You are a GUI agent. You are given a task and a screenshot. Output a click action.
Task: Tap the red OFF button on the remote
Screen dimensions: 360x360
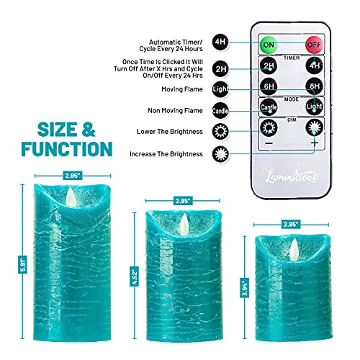(x=314, y=45)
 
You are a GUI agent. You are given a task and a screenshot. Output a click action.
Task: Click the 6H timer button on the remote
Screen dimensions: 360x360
(x=269, y=86)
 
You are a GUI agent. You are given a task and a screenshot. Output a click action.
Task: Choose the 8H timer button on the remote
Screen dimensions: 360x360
(x=315, y=86)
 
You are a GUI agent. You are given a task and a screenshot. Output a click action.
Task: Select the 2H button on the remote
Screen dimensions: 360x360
(x=269, y=66)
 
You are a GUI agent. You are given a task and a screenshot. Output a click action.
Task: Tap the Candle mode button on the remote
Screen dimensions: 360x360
(x=269, y=107)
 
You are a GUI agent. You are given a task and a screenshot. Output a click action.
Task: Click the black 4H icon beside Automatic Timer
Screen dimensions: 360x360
(x=220, y=42)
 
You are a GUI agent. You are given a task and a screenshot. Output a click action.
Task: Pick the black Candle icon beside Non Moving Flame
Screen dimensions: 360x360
(x=220, y=110)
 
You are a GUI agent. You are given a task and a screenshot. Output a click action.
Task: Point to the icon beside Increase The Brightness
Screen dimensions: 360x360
(x=220, y=154)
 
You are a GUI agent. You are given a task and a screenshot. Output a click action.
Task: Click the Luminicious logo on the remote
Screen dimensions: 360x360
(x=289, y=176)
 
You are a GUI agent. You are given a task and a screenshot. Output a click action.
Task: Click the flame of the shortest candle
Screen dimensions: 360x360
(x=294, y=250)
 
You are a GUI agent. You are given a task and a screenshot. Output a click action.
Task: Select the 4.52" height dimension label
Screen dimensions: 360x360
(x=135, y=276)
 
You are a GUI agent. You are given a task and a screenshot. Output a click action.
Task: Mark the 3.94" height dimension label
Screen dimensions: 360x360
(x=245, y=288)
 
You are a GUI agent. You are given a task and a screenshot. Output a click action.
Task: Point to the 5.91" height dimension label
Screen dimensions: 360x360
(x=22, y=264)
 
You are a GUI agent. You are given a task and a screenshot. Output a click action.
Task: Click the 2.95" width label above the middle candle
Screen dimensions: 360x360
(x=182, y=201)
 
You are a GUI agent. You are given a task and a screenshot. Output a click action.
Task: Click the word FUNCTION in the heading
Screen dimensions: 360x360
(x=67, y=149)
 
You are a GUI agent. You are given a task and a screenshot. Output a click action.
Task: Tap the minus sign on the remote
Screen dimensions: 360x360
(x=269, y=143)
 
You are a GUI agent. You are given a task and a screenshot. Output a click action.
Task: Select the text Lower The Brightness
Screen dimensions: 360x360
(x=170, y=132)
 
